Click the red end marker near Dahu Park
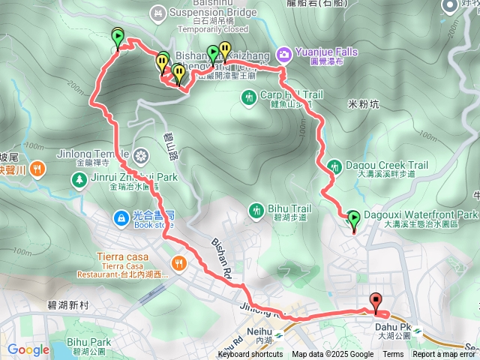pos(376,301)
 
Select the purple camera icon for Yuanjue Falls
pos(284,53)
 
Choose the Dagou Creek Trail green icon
pos(335,165)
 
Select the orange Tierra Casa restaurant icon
pos(178,262)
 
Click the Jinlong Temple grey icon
pos(141,156)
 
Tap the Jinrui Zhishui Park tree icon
pos(79,178)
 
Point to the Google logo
pos(28,349)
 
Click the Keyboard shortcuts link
pos(250,355)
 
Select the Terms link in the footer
pos(393,355)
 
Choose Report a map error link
pos(445,355)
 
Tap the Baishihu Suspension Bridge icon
pos(157,12)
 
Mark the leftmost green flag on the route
pos(118,37)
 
